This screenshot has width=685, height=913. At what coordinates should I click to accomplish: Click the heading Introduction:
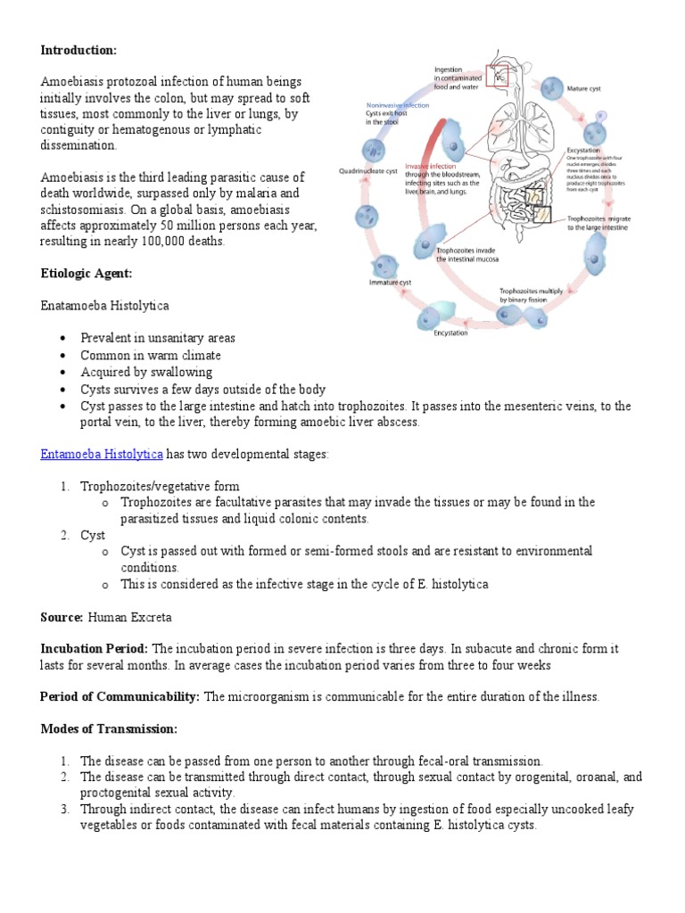[78, 50]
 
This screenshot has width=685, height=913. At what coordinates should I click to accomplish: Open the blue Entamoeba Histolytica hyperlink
[102, 455]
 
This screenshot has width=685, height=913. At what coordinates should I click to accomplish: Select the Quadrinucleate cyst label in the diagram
[367, 171]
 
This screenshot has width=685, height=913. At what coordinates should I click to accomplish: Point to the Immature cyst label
[390, 283]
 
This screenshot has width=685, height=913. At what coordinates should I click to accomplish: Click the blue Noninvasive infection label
[398, 105]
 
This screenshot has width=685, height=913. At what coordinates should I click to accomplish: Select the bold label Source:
[62, 617]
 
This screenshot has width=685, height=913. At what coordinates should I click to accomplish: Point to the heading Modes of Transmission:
[109, 729]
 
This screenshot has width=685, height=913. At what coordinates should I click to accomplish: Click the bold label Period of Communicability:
[120, 697]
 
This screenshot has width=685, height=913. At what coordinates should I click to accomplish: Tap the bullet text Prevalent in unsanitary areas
[158, 339]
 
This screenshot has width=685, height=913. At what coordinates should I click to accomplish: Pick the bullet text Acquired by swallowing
[146, 372]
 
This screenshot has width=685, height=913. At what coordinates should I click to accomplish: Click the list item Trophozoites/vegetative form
[160, 487]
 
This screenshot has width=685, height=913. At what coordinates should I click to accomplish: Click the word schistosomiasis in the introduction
[81, 210]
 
